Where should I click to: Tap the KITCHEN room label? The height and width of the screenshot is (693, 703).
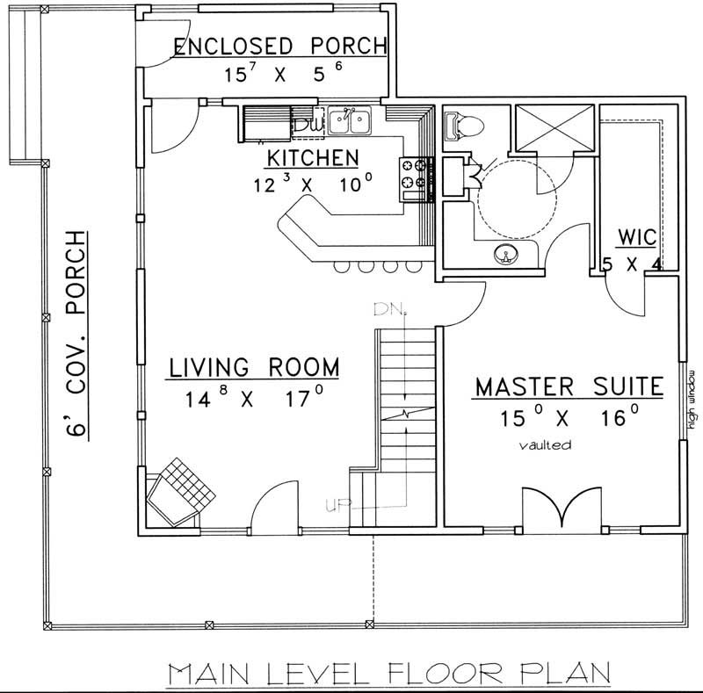[312, 158]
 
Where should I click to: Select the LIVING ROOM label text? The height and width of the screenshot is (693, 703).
[254, 366]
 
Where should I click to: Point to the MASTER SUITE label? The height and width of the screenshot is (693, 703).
[569, 387]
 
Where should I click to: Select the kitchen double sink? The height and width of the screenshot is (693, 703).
[353, 120]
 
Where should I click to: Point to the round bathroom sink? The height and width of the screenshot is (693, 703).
[506, 255]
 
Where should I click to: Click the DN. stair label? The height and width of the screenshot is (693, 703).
[387, 310]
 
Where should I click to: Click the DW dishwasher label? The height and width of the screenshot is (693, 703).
[303, 125]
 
